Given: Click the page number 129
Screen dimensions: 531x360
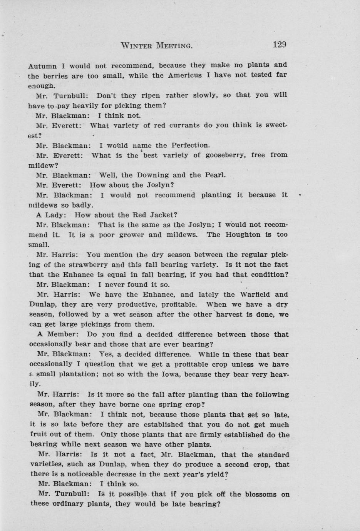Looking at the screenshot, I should (279, 45).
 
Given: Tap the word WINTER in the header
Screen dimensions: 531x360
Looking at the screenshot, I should (137, 46).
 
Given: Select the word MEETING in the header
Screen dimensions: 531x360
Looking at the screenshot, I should (174, 46).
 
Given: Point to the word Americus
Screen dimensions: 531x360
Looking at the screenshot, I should (185, 75).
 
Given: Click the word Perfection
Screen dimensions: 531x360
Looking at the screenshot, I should (191, 145).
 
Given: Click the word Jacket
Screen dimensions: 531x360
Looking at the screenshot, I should (164, 215).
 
